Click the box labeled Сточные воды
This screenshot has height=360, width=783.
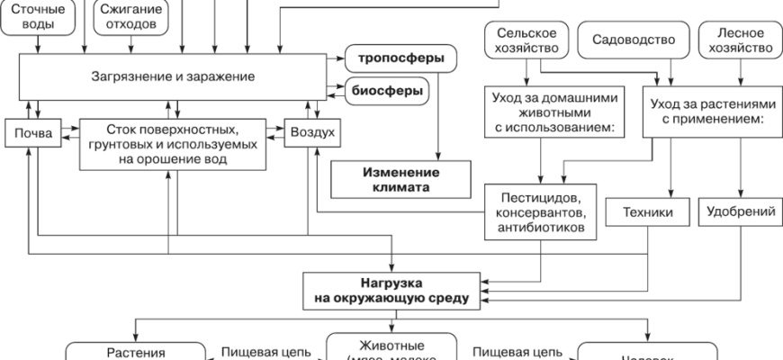(x=38, y=16)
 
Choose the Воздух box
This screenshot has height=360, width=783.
(x=312, y=133)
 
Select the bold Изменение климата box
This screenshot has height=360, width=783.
(x=400, y=180)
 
